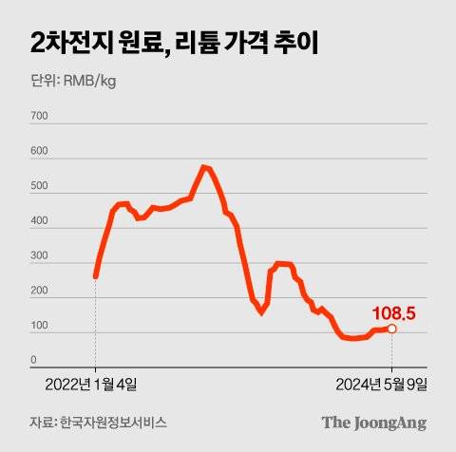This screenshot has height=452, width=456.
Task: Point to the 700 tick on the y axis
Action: pyautogui.click(x=39, y=117)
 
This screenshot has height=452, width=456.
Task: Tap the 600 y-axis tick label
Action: pyautogui.click(x=39, y=152)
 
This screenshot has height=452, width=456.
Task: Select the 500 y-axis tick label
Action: pyautogui.click(x=39, y=187)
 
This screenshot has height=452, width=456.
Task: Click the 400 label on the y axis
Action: pyautogui.click(x=39, y=222)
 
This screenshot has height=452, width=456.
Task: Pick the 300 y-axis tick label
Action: pyautogui.click(x=39, y=257)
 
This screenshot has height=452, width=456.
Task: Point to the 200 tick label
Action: pyautogui.click(x=39, y=292)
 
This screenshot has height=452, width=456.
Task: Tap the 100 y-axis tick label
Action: pyautogui.click(x=39, y=328)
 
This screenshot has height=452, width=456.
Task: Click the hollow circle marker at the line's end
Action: pyautogui.click(x=391, y=329)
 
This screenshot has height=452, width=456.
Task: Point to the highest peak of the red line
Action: pyautogui.click(x=204, y=167)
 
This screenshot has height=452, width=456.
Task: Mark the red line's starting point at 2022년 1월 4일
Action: pyautogui.click(x=96, y=276)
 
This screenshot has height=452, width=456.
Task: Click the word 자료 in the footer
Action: pyautogui.click(x=40, y=422)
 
